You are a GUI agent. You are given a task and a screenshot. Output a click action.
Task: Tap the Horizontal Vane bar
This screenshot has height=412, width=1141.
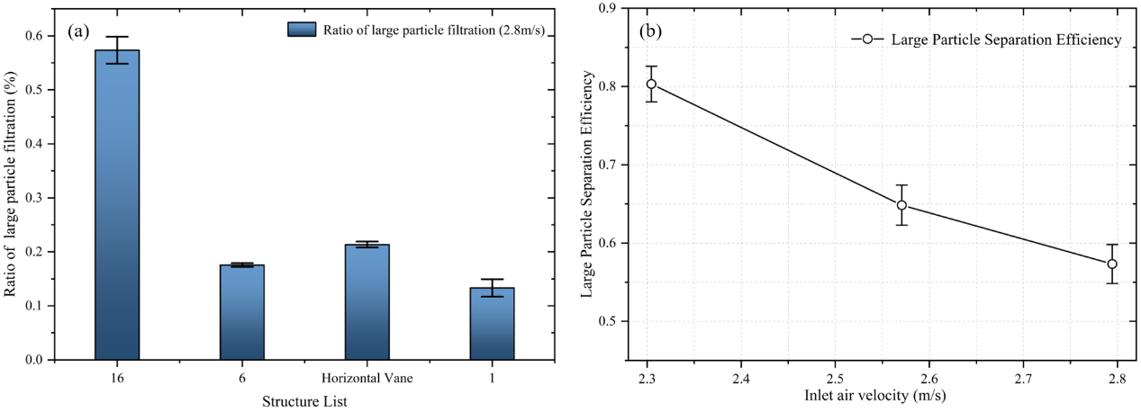pyautogui.click(x=367, y=302)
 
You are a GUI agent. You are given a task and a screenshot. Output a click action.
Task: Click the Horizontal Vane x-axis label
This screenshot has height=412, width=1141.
pyautogui.click(x=367, y=379)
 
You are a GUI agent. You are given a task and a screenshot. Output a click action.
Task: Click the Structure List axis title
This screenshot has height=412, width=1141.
pyautogui.click(x=304, y=400)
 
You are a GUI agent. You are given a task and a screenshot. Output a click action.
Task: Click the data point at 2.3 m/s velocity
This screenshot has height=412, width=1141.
pyautogui.click(x=651, y=84)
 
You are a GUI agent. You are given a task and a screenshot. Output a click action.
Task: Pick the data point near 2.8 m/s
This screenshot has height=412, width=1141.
pyautogui.click(x=1112, y=264)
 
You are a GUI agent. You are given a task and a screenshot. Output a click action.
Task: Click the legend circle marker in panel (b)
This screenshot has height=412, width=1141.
pyautogui.click(x=866, y=39)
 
